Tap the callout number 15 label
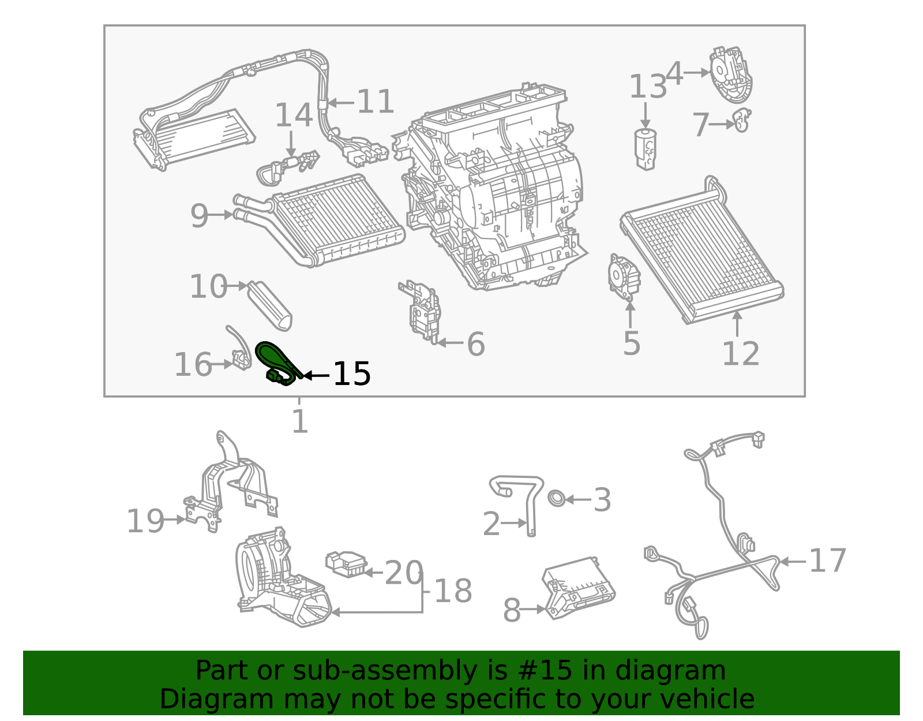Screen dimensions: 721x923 tap(352, 375)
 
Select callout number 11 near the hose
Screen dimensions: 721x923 tap(375, 102)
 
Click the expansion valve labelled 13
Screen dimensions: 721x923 tap(646, 148)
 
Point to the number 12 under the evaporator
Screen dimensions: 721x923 tap(741, 353)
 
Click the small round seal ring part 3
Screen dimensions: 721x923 tap(556, 498)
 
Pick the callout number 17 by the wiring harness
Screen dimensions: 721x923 tap(827, 561)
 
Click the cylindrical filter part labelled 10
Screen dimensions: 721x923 tap(270, 305)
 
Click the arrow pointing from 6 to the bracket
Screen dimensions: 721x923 tap(450, 343)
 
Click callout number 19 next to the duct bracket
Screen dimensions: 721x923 tap(145, 521)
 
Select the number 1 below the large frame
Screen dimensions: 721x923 tap(299, 421)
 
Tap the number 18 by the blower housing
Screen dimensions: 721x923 tap(453, 591)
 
